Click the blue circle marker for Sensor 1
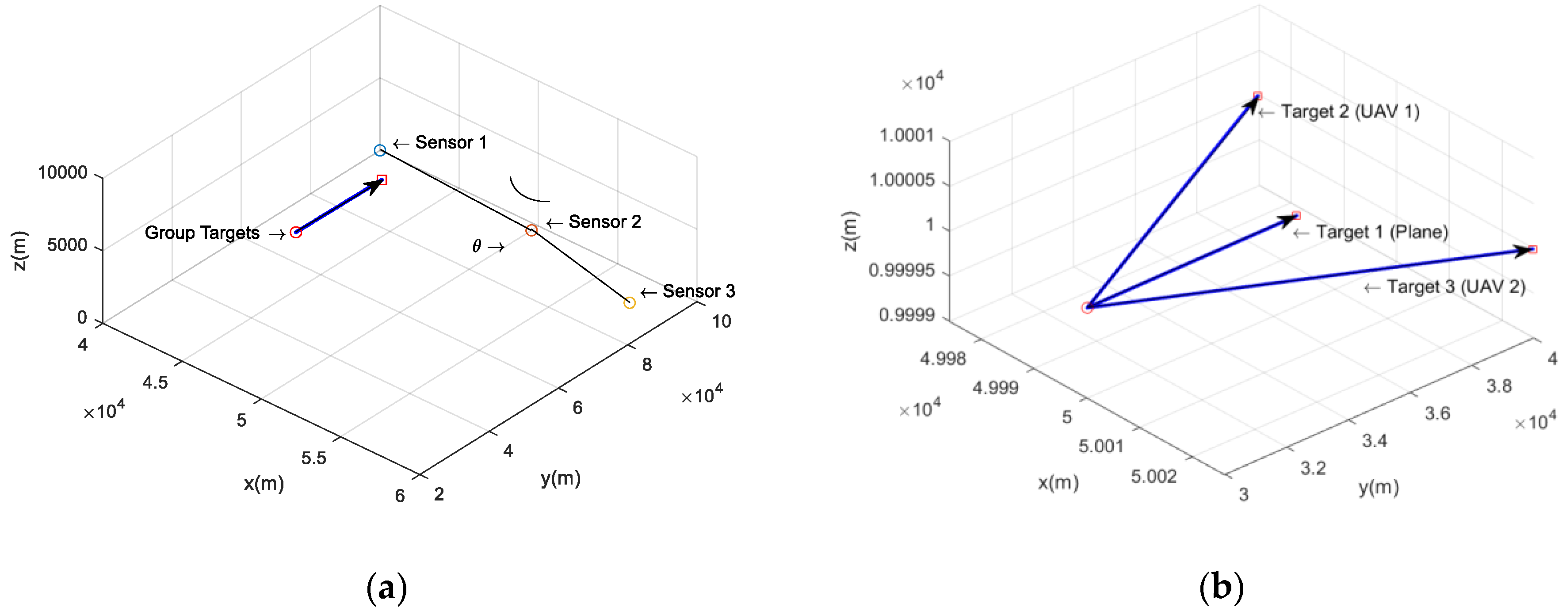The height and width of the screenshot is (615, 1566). point(380,150)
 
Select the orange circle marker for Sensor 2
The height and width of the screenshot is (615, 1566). point(531,230)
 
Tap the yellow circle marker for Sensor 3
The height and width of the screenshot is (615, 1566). point(630,303)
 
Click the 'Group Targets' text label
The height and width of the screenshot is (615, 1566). point(202,233)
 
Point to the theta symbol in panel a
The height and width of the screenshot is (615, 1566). point(477,246)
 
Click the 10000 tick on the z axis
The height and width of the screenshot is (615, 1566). point(63,172)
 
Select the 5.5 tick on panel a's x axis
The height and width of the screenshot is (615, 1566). point(314,458)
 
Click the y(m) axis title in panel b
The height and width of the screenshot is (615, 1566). point(1379,487)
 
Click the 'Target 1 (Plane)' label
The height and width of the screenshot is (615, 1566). point(1382,232)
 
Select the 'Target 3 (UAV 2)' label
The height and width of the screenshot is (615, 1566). point(1456,287)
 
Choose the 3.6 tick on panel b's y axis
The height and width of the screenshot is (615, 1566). point(1437,413)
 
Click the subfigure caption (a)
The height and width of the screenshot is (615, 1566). point(386,588)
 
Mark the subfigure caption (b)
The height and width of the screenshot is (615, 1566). point(1221,588)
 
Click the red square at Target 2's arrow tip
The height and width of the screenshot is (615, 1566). point(1258,96)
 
